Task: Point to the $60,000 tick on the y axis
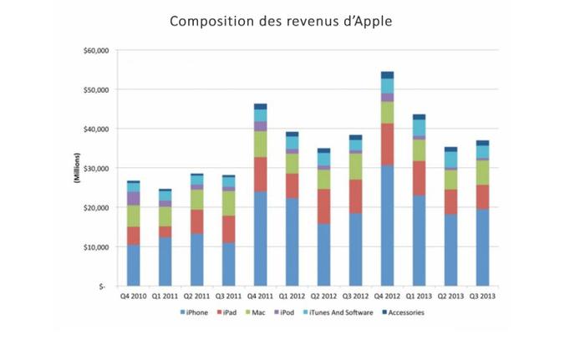(x=96, y=50)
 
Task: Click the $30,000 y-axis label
(x=96, y=169)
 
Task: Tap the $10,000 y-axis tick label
(x=96, y=247)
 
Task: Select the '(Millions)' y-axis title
(x=77, y=170)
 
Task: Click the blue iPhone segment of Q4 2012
(x=388, y=226)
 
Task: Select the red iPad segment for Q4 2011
(x=261, y=175)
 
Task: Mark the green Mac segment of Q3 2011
(x=229, y=203)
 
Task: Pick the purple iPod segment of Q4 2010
(x=134, y=198)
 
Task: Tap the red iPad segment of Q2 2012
(x=324, y=205)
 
